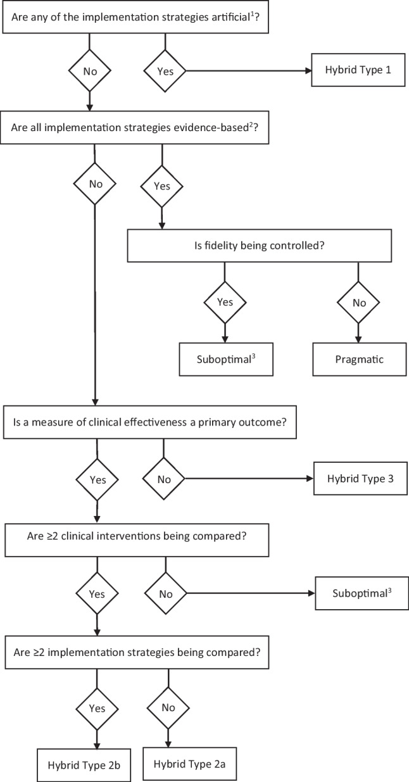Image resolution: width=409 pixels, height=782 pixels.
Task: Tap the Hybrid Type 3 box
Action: [x=359, y=479]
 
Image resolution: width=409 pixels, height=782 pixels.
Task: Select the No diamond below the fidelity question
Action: [x=359, y=303]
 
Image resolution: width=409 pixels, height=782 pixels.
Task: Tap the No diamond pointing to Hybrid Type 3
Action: [x=164, y=479]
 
